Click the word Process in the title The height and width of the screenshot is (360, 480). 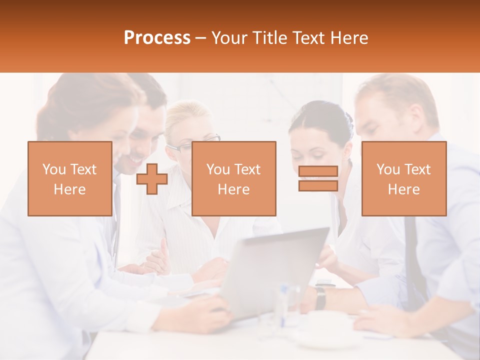pyautogui.click(x=157, y=38)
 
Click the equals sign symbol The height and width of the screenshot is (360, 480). pyautogui.click(x=318, y=178)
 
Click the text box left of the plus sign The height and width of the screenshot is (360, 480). pyautogui.click(x=70, y=179)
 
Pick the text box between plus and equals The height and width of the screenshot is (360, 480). pyautogui.click(x=233, y=179)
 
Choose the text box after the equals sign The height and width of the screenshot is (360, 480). pyautogui.click(x=403, y=179)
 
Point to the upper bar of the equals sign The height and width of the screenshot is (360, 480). pyautogui.click(x=318, y=171)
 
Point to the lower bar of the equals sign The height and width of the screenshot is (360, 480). pyautogui.click(x=318, y=185)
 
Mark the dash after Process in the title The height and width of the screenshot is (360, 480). pyautogui.click(x=201, y=38)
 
